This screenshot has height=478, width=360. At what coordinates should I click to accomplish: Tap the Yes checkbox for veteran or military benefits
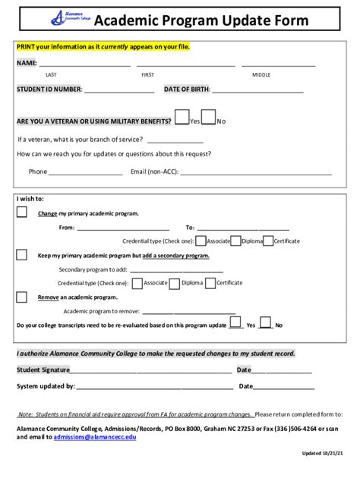click(x=182, y=117)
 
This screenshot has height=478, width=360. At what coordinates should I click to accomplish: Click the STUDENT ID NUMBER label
click(x=49, y=89)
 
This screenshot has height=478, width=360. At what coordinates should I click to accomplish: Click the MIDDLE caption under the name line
click(x=261, y=74)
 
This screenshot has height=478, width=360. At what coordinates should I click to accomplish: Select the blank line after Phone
click(x=86, y=171)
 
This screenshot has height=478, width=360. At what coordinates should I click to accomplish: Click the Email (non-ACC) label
click(x=154, y=171)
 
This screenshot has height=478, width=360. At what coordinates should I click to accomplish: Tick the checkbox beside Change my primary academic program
click(x=22, y=212)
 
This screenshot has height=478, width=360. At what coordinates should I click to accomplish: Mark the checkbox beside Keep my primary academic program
click(x=22, y=255)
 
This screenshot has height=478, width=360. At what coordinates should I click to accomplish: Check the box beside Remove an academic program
click(x=22, y=297)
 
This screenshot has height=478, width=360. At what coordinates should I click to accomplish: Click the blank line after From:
click(x=118, y=227)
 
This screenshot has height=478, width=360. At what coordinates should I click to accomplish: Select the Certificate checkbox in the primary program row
click(x=267, y=241)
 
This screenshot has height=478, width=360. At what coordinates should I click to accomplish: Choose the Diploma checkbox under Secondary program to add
click(x=175, y=283)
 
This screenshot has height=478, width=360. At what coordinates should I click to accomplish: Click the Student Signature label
click(x=43, y=370)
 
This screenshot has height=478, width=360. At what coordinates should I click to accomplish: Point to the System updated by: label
click(x=46, y=386)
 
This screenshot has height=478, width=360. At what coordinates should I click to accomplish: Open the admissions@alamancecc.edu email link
click(x=95, y=438)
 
